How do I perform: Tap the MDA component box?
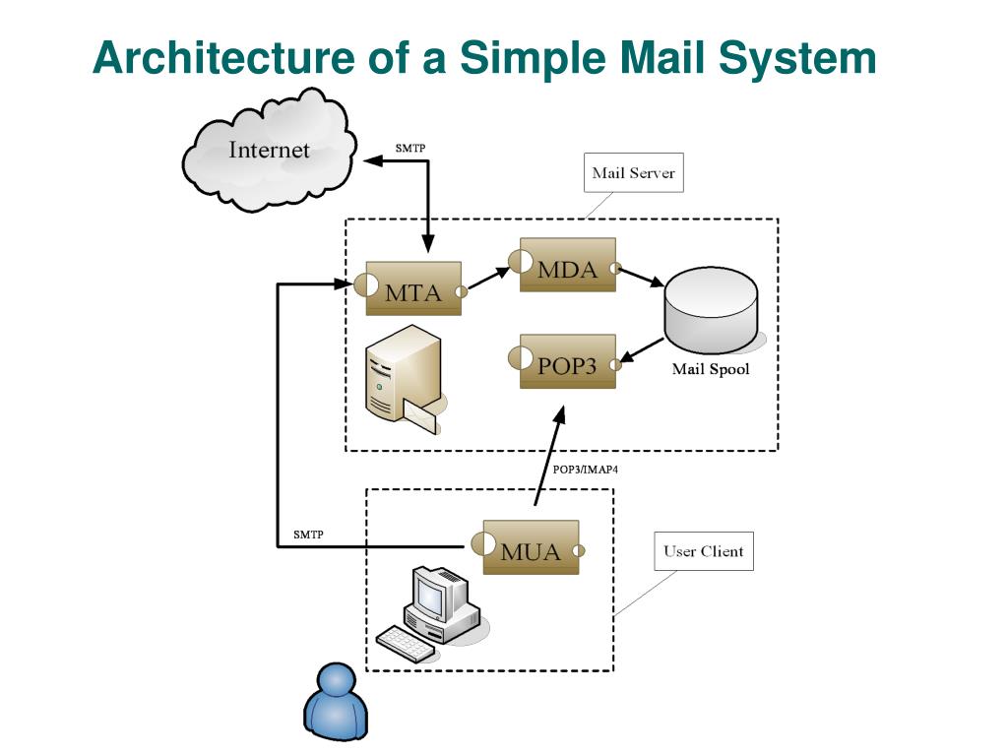click(568, 265)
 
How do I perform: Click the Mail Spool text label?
click(711, 370)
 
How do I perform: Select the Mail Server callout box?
click(633, 173)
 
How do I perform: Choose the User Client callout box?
click(703, 551)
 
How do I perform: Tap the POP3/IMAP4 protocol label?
click(585, 470)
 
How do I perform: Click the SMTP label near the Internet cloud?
click(410, 148)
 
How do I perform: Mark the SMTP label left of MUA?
click(308, 535)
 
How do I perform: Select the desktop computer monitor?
click(435, 593)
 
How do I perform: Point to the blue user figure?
click(335, 701)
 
